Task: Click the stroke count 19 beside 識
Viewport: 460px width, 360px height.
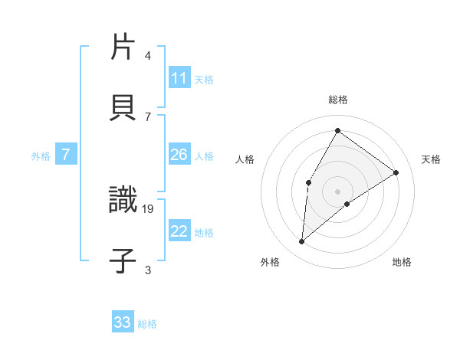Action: click(148, 208)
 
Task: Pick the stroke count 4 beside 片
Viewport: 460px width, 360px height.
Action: click(148, 56)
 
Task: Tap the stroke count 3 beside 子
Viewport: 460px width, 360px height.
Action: click(148, 270)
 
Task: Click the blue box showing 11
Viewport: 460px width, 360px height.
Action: click(179, 78)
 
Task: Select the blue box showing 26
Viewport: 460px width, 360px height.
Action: click(179, 155)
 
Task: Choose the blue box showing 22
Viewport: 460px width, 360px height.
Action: click(179, 231)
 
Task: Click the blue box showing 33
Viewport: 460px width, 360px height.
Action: click(123, 322)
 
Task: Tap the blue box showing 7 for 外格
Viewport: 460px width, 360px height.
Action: click(66, 155)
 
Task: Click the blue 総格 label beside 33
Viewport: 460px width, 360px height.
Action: click(147, 324)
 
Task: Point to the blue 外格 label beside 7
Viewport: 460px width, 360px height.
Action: click(41, 155)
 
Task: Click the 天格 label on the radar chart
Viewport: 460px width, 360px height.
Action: click(431, 159)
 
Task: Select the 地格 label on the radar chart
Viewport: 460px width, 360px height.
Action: click(402, 262)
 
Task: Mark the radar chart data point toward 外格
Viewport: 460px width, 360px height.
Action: click(302, 242)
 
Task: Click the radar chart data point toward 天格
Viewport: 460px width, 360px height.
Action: click(396, 172)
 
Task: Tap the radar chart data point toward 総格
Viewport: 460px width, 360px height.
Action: click(337, 130)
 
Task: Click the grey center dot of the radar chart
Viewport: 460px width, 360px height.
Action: click(337, 191)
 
